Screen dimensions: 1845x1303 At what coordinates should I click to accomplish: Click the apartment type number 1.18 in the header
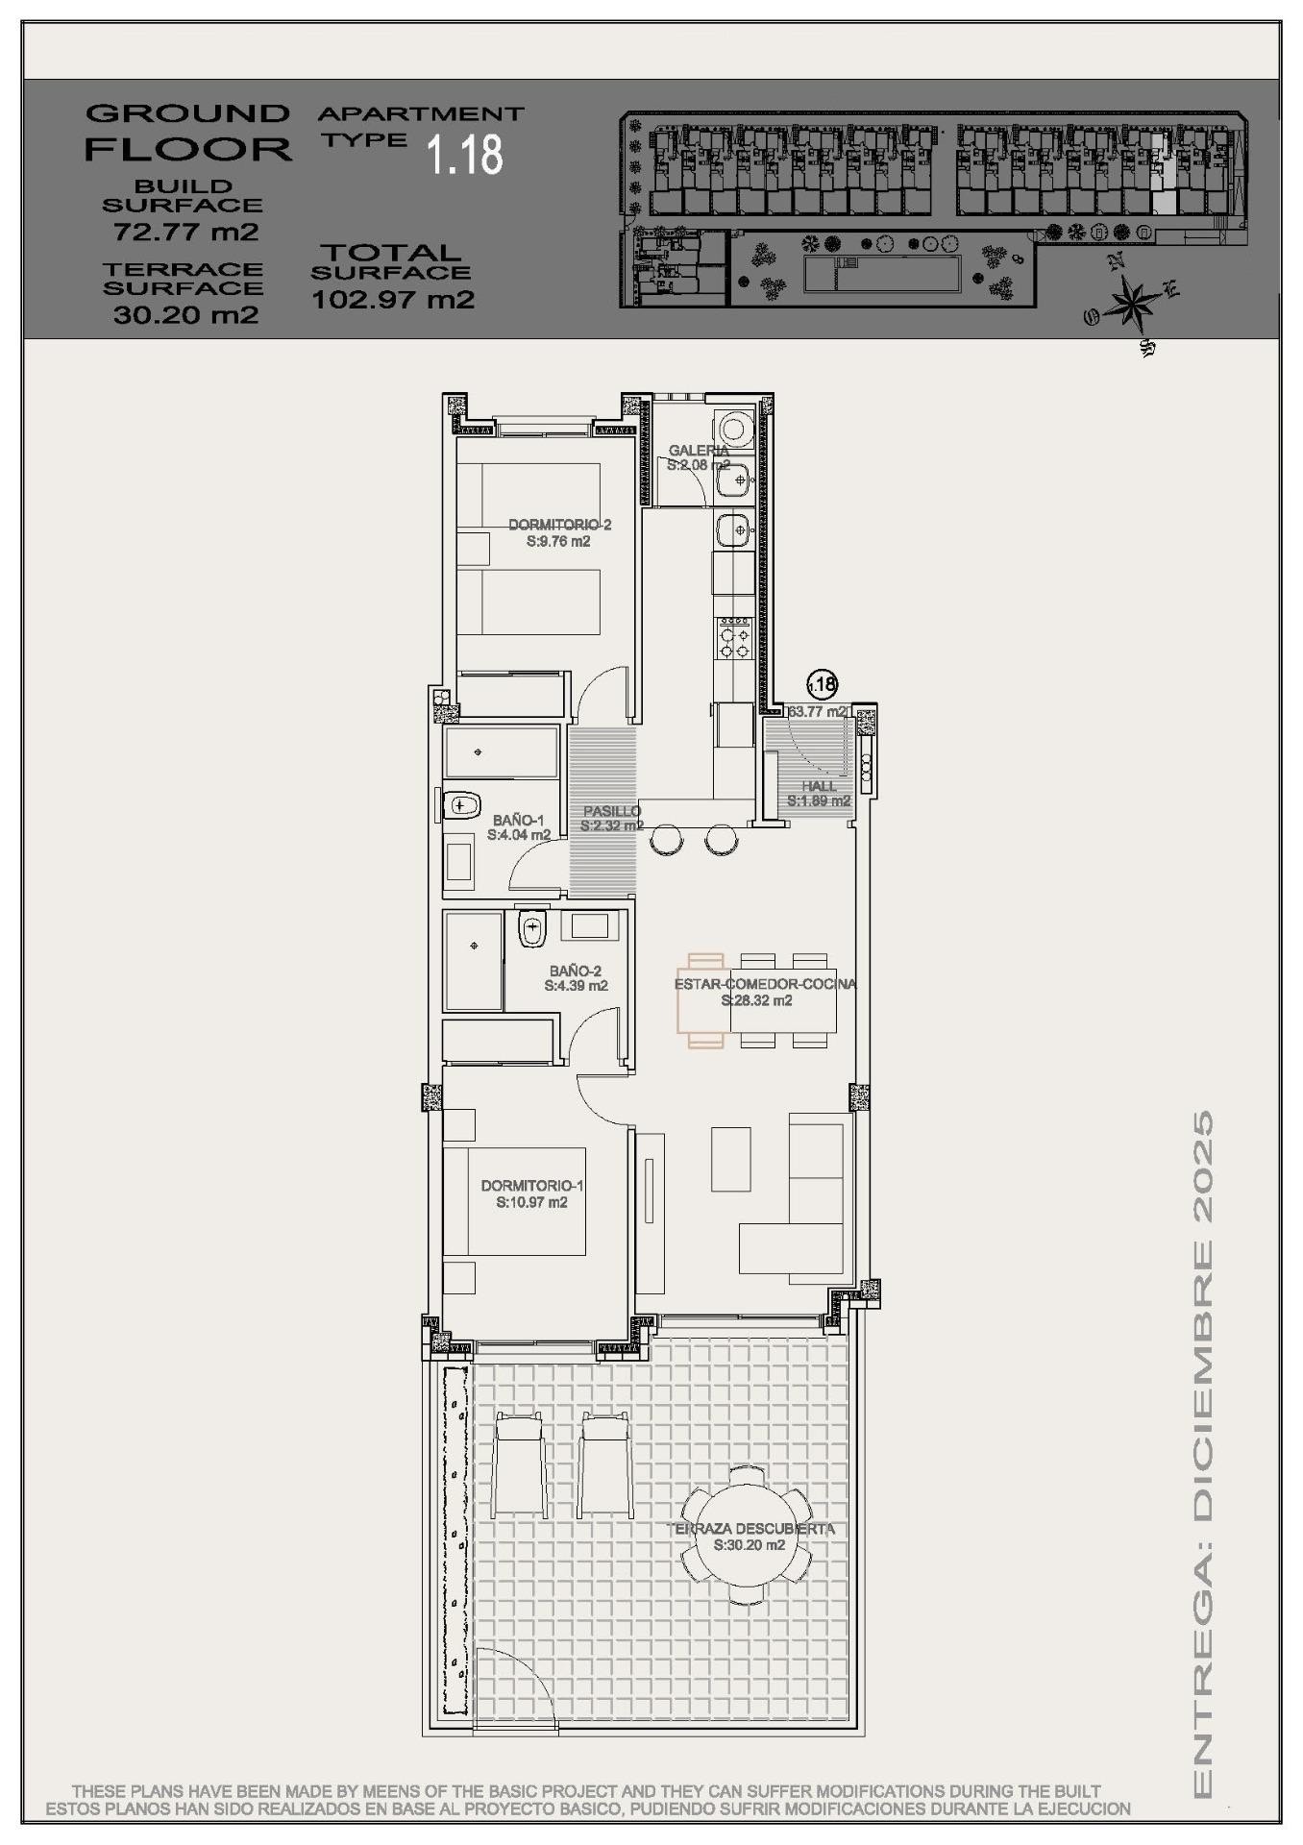click(465, 154)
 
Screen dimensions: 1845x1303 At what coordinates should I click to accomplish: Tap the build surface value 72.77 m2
click(186, 232)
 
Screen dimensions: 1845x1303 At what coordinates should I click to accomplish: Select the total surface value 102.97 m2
click(393, 299)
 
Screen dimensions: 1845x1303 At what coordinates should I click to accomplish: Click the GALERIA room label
click(698, 450)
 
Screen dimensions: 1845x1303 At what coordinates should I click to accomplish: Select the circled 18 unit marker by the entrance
click(822, 684)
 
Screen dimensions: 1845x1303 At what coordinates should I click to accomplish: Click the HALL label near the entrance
click(819, 786)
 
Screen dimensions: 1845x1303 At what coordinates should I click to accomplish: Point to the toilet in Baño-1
click(462, 803)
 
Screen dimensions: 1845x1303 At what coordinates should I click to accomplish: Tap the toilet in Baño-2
click(530, 929)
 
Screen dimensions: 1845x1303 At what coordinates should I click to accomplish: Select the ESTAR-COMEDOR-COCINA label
click(764, 984)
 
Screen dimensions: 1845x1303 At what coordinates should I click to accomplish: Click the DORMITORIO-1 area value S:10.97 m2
click(531, 1202)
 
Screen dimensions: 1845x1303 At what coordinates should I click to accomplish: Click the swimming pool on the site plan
click(882, 275)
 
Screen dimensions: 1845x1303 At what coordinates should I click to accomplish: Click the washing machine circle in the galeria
click(735, 426)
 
